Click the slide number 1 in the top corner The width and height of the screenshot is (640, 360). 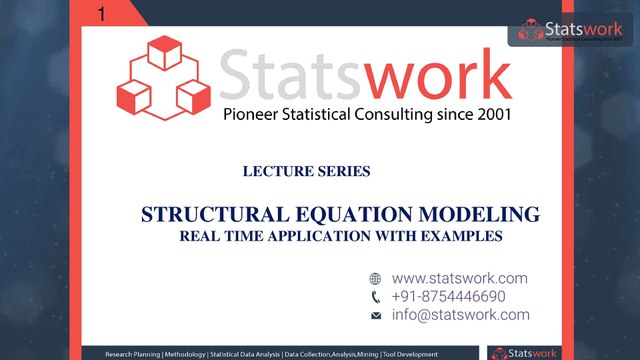pyautogui.click(x=104, y=13)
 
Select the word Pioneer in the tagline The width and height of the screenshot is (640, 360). pyautogui.click(x=252, y=114)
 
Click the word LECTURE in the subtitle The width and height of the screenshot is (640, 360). pyautogui.click(x=275, y=171)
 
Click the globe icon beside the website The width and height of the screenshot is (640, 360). pyautogui.click(x=376, y=279)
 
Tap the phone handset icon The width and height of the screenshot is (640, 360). pyautogui.click(x=376, y=297)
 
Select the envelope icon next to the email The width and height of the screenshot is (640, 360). pyautogui.click(x=376, y=315)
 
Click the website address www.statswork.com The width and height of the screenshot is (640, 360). pyautogui.click(x=459, y=278)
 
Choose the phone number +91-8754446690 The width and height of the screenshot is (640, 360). pyautogui.click(x=449, y=296)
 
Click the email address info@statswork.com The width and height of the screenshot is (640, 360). pyautogui.click(x=461, y=314)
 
